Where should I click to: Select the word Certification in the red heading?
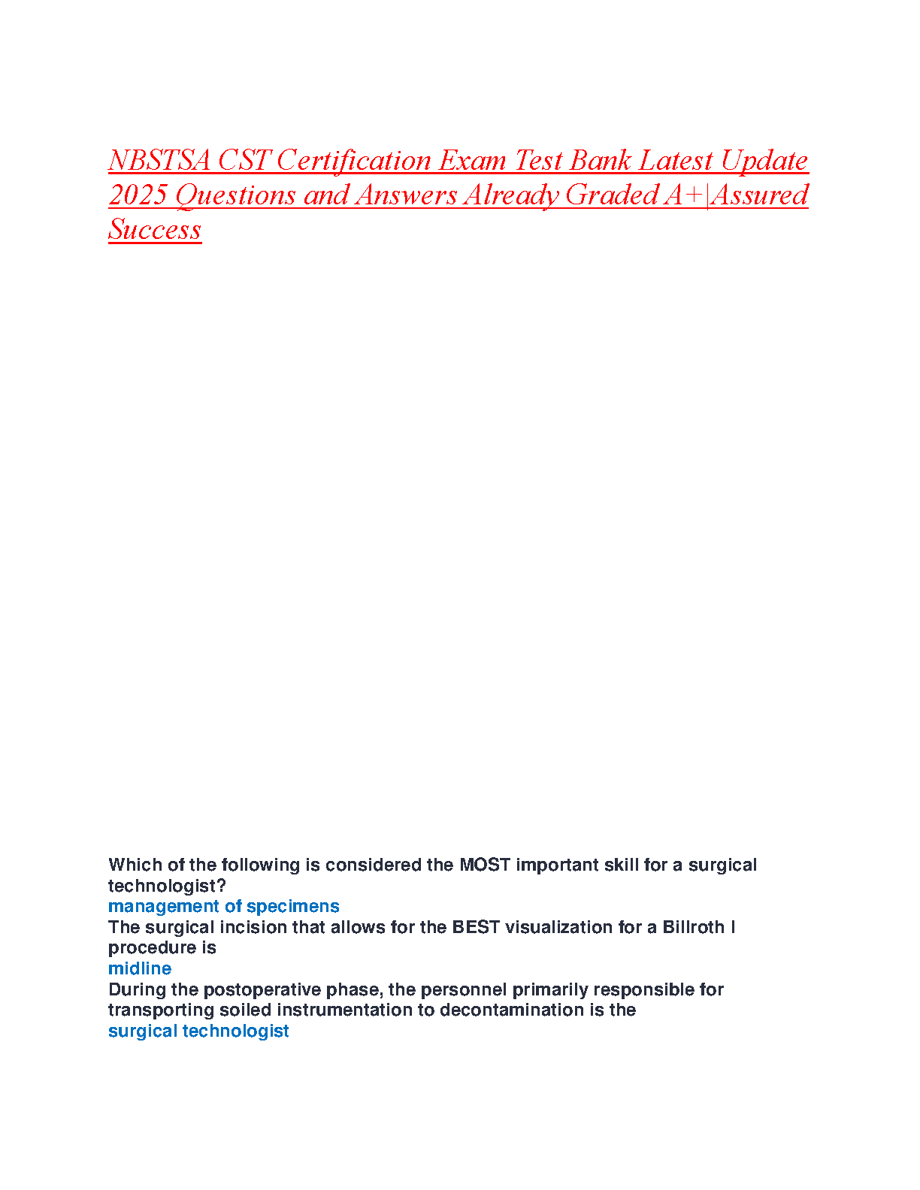[x=354, y=161]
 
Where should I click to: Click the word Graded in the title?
[x=612, y=195]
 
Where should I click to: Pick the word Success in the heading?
[x=155, y=229]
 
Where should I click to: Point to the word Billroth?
[x=693, y=927]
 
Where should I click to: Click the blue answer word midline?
[x=140, y=968]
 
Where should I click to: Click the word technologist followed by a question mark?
[x=166, y=886]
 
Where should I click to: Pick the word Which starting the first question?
[x=132, y=865]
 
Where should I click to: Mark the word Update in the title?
[x=764, y=161]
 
